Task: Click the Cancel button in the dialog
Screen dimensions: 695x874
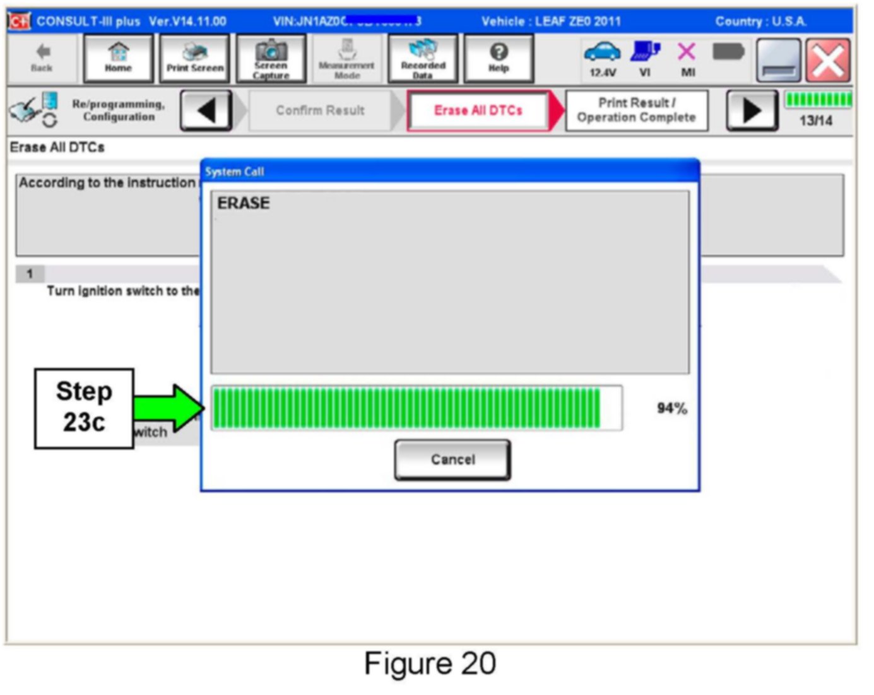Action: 452,460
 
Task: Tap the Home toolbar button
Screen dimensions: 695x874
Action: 118,58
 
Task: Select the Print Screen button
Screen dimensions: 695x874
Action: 195,58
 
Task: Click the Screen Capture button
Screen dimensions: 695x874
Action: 271,58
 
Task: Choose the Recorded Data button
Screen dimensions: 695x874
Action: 423,58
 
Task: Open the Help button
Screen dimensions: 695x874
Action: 499,58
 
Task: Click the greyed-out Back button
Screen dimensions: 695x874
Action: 42,58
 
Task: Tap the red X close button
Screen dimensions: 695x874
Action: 828,61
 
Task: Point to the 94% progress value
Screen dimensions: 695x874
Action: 671,408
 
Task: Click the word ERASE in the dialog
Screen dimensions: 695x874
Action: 244,203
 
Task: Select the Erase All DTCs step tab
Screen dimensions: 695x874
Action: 478,110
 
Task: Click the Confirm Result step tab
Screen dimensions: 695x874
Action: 320,110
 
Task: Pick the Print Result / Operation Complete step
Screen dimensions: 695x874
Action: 636,110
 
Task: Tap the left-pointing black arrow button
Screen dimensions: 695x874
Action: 206,110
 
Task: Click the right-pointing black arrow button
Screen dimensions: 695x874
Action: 752,110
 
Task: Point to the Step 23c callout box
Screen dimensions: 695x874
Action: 84,408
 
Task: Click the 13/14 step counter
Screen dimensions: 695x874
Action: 815,121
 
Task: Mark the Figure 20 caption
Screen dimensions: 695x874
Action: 430,664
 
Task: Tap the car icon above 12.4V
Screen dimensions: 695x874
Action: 602,52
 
